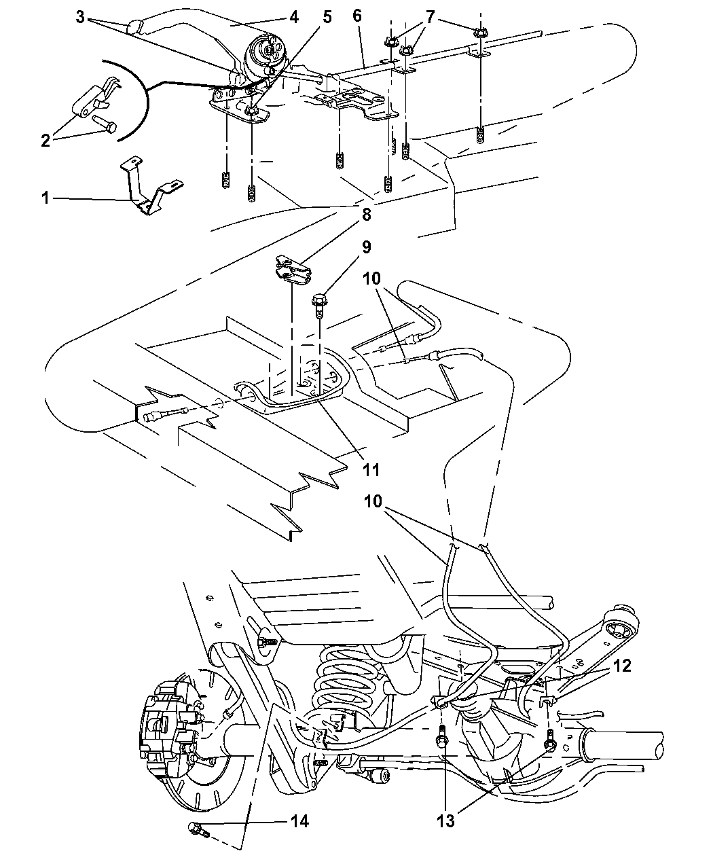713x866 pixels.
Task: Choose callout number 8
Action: click(x=367, y=215)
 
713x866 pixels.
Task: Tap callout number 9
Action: click(x=367, y=247)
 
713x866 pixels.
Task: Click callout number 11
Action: click(x=371, y=469)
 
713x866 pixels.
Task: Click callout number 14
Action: click(x=299, y=822)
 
